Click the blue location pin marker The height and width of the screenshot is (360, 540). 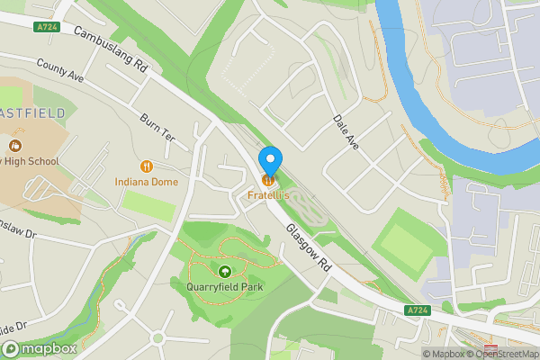coord(270,160)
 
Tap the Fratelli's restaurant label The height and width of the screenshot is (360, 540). coord(269,194)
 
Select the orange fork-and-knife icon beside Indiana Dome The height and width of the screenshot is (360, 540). coord(146,166)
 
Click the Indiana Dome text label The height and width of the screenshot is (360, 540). coord(146,181)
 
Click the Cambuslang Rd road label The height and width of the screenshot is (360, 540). coord(111,49)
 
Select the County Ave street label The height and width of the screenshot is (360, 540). coord(60,71)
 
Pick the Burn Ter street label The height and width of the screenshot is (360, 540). coord(157,126)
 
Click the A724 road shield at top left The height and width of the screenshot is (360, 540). coord(49,27)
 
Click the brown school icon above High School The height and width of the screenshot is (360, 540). coord(14,145)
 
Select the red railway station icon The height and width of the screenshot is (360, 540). coord(490,348)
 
